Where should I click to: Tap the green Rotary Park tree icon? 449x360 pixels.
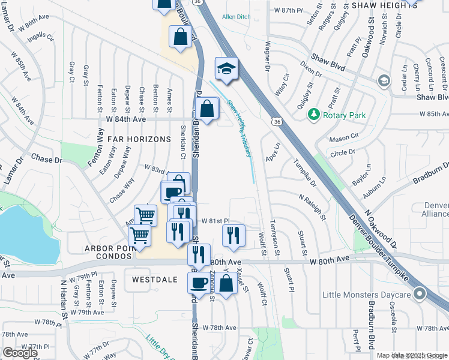(313, 114)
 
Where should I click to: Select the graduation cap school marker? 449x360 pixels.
(226, 69)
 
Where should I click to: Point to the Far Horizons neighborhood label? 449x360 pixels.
(139, 139)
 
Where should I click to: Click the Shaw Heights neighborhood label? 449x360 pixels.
(385, 5)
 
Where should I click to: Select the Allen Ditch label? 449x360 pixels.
(235, 17)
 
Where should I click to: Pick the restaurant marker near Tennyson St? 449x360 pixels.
(234, 235)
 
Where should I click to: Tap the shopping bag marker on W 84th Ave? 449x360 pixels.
(206, 109)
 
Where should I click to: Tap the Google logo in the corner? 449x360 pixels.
(20, 353)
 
